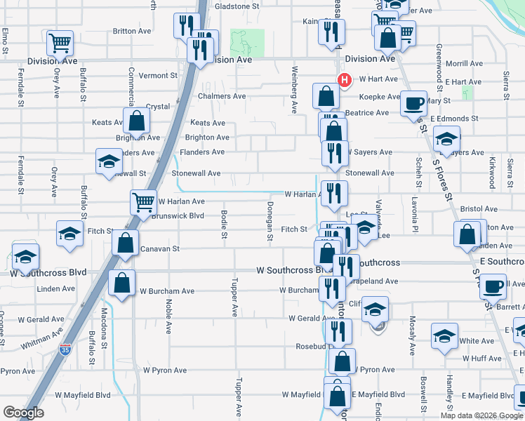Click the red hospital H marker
click(x=344, y=80)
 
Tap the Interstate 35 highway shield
click(x=65, y=349)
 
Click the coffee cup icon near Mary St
click(x=413, y=104)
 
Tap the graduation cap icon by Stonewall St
click(x=109, y=162)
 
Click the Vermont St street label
click(x=158, y=76)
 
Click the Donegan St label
click(x=270, y=221)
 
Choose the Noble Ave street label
click(x=168, y=315)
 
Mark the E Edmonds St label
click(x=454, y=119)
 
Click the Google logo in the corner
click(x=23, y=413)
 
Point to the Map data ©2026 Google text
click(x=481, y=415)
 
